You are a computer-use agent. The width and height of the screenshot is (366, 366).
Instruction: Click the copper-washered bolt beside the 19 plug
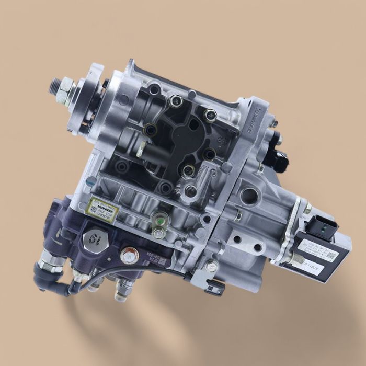tap(128, 255)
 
